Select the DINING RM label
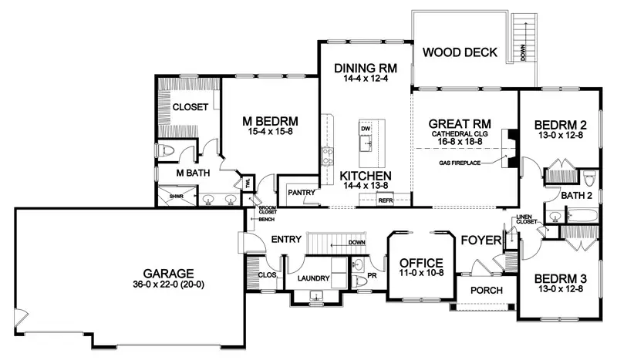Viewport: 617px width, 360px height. pos(365,69)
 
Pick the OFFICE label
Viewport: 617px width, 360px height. pos(421,261)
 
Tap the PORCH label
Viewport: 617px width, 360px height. pos(487,291)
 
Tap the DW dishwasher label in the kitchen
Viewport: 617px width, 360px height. pos(366,128)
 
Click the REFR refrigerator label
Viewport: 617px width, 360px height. pos(385,200)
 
